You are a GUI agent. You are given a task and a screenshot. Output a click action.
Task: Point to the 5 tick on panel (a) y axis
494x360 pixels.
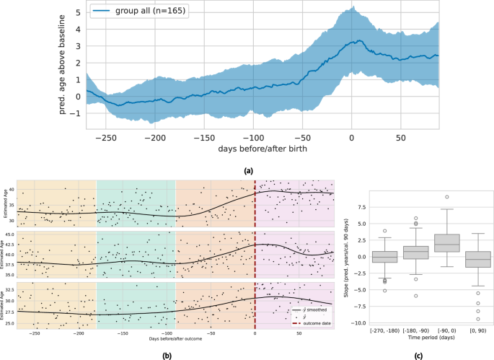(x=74, y=12)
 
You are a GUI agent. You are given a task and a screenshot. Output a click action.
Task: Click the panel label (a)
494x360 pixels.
(x=248, y=170)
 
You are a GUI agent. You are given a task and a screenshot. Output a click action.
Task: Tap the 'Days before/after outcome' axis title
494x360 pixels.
(x=174, y=338)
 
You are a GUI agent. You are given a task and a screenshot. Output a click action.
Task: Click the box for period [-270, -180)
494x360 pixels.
(x=384, y=256)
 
